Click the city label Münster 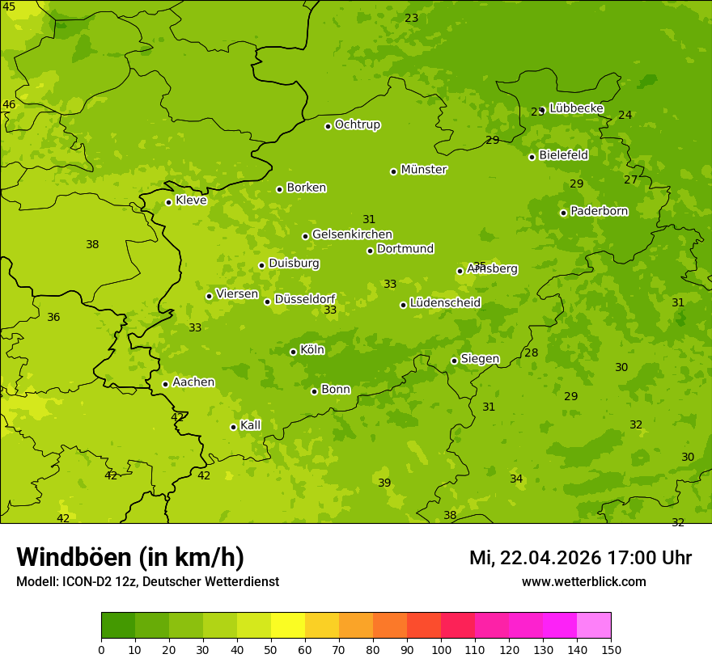pyautogui.click(x=424, y=170)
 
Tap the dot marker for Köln pyautogui.click(x=293, y=352)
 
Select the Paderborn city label pyautogui.click(x=599, y=211)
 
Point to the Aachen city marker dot pyautogui.click(x=165, y=384)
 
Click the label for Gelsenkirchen pyautogui.click(x=352, y=234)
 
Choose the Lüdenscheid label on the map pyautogui.click(x=445, y=303)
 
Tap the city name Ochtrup pyautogui.click(x=357, y=124)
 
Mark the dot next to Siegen pyautogui.click(x=454, y=361)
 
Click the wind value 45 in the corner pyautogui.click(x=9, y=6)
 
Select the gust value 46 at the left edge pyautogui.click(x=9, y=105)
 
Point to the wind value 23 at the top pyautogui.click(x=412, y=19)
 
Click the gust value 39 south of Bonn pyautogui.click(x=384, y=483)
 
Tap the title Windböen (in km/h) pyautogui.click(x=130, y=557)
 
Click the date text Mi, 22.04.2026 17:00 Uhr pyautogui.click(x=580, y=558)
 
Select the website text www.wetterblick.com pyautogui.click(x=583, y=582)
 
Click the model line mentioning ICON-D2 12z pyautogui.click(x=147, y=582)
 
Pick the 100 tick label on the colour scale pyautogui.click(x=441, y=649)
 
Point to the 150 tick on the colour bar pyautogui.click(x=611, y=649)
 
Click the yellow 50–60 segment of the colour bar pyautogui.click(x=288, y=626)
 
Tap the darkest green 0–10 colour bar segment pyautogui.click(x=118, y=626)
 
